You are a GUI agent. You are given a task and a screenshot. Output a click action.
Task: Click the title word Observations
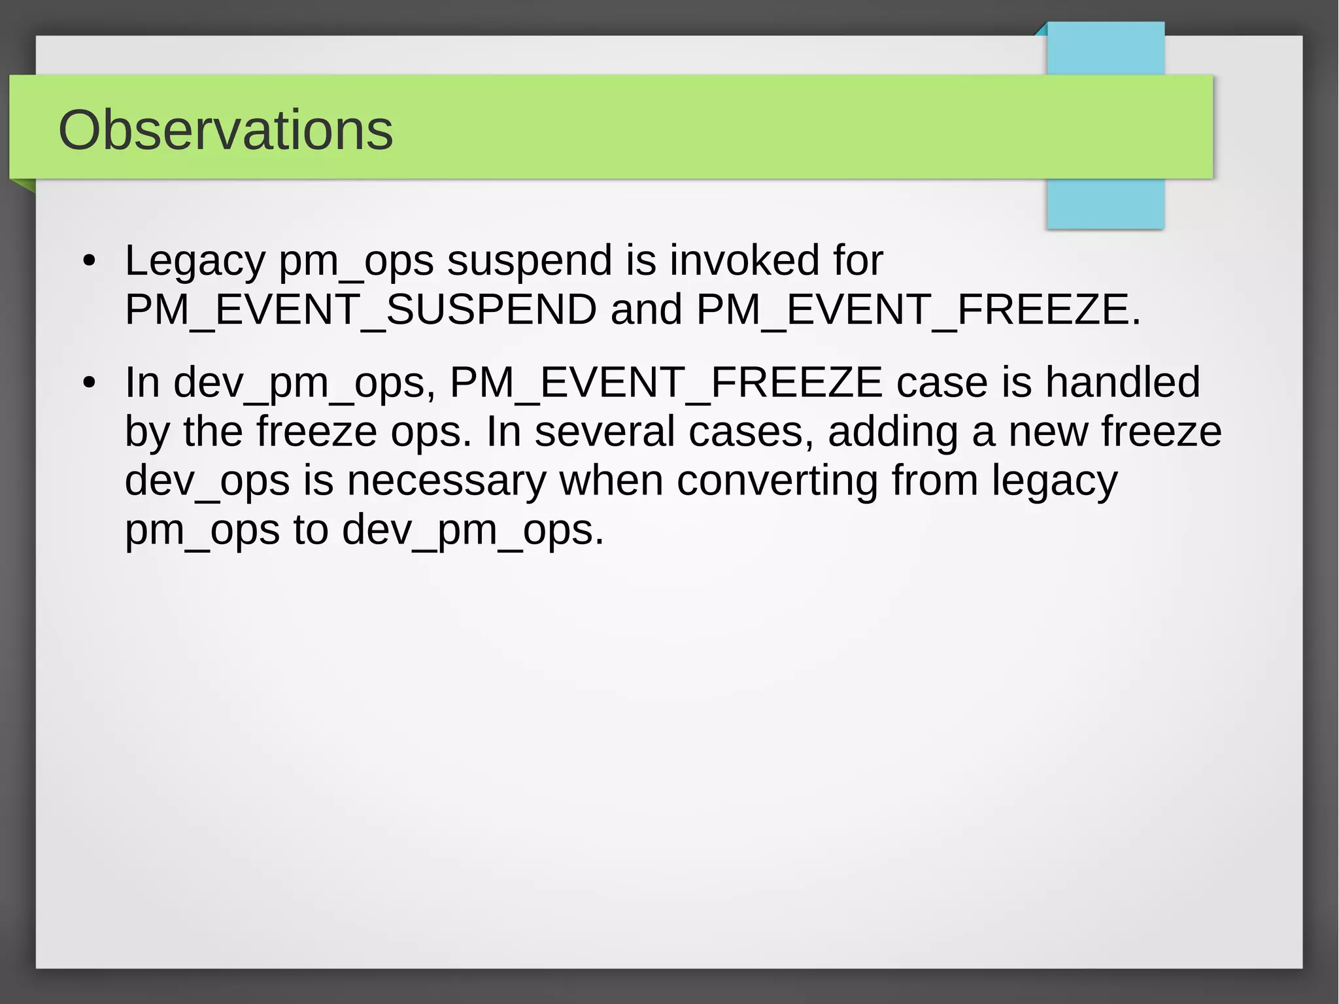point(226,130)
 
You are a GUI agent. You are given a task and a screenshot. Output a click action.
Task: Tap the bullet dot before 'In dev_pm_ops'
point(90,383)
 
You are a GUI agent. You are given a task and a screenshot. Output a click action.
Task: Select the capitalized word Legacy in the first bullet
point(195,261)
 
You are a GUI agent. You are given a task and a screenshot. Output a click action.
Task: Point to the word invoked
point(745,260)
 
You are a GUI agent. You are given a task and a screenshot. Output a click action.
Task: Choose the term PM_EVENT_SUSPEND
point(360,309)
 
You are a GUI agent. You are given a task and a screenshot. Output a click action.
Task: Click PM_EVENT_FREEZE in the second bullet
point(666,383)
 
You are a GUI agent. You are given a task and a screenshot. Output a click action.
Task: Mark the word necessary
point(446,481)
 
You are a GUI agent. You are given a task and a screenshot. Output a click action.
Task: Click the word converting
point(777,482)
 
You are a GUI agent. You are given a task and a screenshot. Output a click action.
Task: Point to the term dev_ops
point(207,482)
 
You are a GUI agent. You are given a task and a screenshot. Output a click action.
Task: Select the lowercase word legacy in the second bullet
point(1054,482)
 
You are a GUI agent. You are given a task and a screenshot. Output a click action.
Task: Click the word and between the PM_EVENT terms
point(646,309)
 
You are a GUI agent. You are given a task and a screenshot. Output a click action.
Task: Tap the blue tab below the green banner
point(1105,204)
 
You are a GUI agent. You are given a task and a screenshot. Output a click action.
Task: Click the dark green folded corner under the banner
point(25,186)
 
